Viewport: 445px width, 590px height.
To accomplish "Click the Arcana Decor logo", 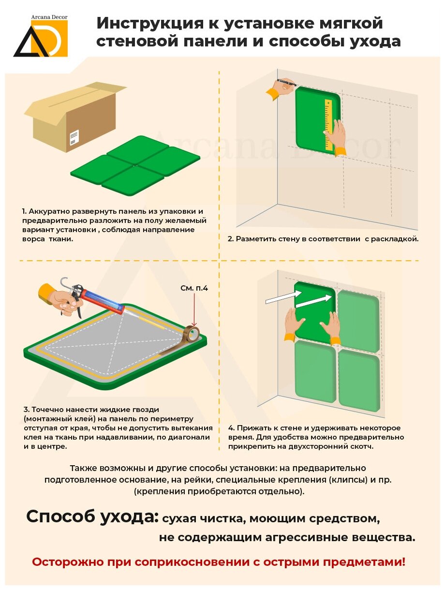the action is coord(41,36).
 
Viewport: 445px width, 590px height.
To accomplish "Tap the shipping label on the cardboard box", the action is coord(74,138).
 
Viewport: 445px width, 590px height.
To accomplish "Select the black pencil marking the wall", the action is coord(287,82).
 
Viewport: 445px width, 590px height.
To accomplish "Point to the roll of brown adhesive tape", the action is coord(193,334).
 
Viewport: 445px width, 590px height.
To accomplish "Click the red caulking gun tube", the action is coord(102,301).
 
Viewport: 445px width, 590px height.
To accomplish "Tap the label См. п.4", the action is coord(194,288).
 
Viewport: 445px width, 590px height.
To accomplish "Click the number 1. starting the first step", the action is coord(25,211).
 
